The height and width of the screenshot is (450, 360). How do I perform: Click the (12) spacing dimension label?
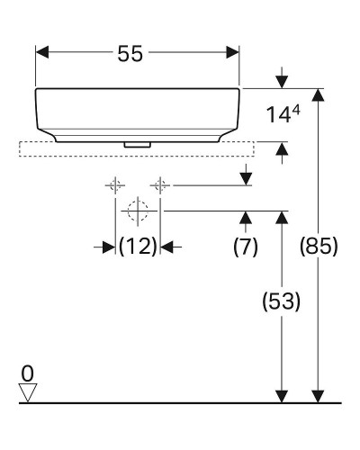coord(138,246)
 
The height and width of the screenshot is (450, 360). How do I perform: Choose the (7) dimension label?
coord(246,246)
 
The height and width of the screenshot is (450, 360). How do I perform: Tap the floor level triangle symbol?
coord(29,391)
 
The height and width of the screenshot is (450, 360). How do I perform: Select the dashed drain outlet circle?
coord(137,212)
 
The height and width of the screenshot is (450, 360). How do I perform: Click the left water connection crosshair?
coord(115,185)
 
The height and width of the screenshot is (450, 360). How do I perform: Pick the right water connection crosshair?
coord(160,185)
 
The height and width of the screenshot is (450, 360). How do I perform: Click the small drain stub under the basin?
coord(137,141)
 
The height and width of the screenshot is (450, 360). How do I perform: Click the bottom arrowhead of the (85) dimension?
coord(317,395)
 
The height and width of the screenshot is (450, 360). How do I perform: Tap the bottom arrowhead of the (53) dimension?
coord(282,395)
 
